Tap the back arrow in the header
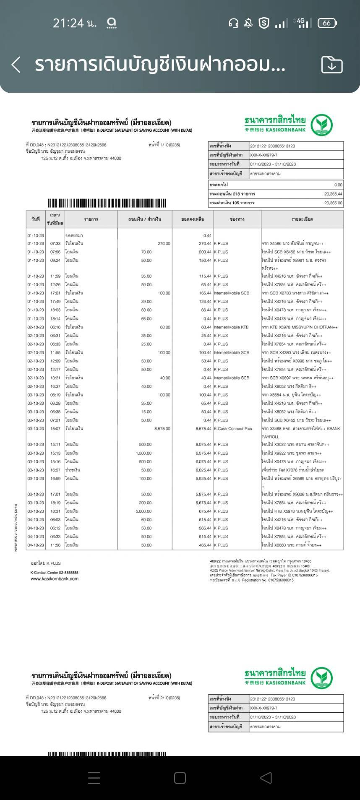coord(16,65)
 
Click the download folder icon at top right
coord(331,65)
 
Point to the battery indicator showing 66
coord(327,23)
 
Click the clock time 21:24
coord(74,23)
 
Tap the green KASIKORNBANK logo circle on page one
coord(322,125)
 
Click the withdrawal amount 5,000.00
coord(143,511)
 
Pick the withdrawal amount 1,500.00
coord(143,453)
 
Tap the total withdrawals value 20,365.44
coord(333,194)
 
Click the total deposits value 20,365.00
coord(333,203)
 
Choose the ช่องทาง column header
coord(237,219)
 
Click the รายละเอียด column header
coord(302,219)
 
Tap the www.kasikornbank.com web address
coord(55,579)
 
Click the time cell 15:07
coord(55,429)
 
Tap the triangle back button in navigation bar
coord(266,778)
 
